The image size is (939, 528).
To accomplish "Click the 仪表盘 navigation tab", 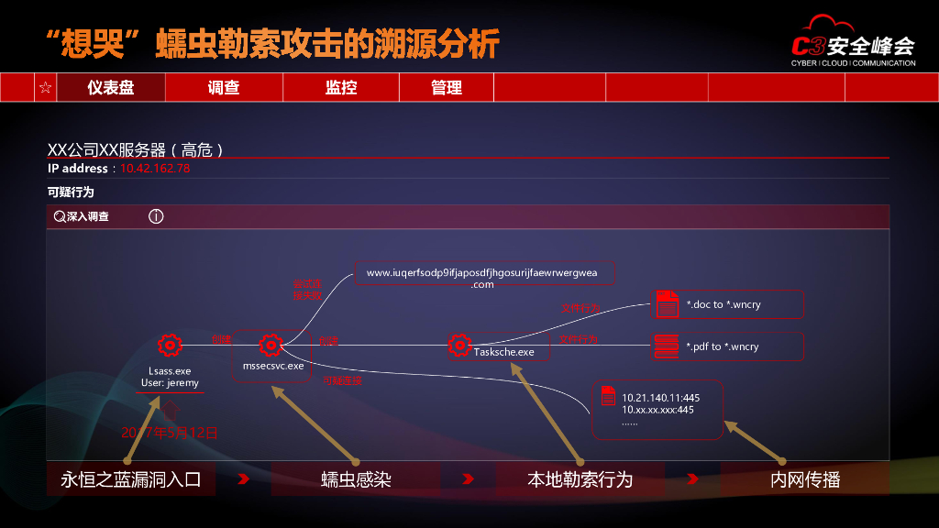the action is [x=110, y=88].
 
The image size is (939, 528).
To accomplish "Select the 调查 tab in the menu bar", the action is [x=224, y=88].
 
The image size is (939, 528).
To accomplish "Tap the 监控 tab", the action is [x=341, y=88].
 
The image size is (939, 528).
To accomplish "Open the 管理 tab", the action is [x=447, y=88].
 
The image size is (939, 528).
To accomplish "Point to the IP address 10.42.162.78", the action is [x=155, y=169].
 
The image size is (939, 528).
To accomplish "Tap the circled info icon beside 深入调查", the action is [x=156, y=217].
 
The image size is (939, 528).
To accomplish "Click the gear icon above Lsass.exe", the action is [x=170, y=346].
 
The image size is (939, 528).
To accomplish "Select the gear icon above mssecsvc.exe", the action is [x=270, y=346].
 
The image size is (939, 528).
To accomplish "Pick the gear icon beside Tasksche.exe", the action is [x=459, y=346].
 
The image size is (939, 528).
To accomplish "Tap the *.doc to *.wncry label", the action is [x=723, y=304].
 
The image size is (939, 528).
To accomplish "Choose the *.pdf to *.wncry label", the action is [x=723, y=346].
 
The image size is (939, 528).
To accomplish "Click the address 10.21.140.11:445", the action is [x=660, y=398].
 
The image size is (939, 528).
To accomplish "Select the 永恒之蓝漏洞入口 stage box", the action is [x=130, y=479].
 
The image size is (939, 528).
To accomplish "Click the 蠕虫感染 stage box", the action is [x=356, y=479].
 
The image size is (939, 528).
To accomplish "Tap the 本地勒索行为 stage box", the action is [x=580, y=479].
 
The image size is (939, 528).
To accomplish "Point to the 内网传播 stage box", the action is [x=804, y=479].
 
